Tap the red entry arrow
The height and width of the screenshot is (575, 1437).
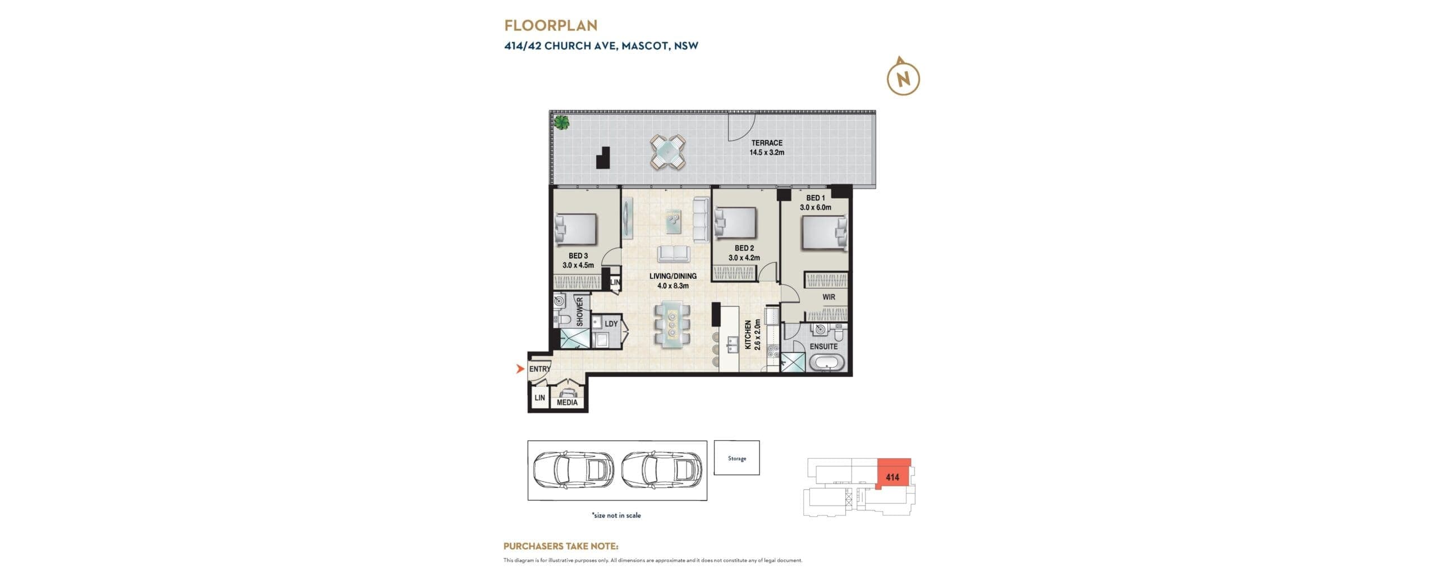tap(520, 369)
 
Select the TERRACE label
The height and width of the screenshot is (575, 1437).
tap(767, 143)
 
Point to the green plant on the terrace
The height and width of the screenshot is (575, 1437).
tap(561, 122)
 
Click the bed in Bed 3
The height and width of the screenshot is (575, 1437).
tap(575, 230)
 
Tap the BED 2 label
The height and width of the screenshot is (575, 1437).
tap(744, 248)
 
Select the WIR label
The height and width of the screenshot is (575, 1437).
tap(829, 297)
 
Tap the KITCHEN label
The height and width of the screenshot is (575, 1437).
tap(748, 335)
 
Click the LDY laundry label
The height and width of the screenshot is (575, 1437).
tap(611, 323)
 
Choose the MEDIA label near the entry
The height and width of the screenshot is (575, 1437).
tap(567, 402)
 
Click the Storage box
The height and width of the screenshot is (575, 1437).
tap(736, 458)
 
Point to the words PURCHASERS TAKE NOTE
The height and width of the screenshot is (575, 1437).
tap(561, 546)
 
